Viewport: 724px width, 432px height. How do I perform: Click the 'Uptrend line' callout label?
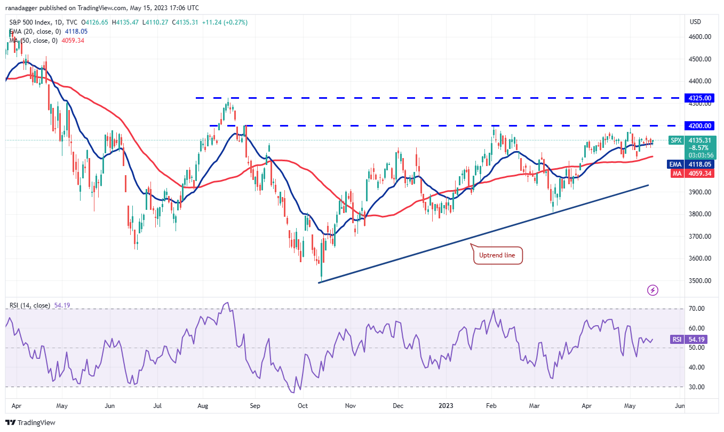pyautogui.click(x=497, y=255)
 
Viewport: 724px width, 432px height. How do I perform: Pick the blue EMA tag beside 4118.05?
pyautogui.click(x=675, y=164)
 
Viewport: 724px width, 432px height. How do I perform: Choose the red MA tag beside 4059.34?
pyautogui.click(x=675, y=174)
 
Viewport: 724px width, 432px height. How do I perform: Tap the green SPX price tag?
pyautogui.click(x=676, y=140)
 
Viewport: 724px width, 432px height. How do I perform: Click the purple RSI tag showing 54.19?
pyautogui.click(x=675, y=339)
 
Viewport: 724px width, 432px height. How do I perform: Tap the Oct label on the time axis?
pyautogui.click(x=303, y=406)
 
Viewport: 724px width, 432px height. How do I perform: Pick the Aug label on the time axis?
pyautogui.click(x=203, y=406)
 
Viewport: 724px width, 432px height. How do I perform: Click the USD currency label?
pyautogui.click(x=695, y=22)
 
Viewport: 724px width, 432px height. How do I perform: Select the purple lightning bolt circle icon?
pyautogui.click(x=653, y=290)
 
